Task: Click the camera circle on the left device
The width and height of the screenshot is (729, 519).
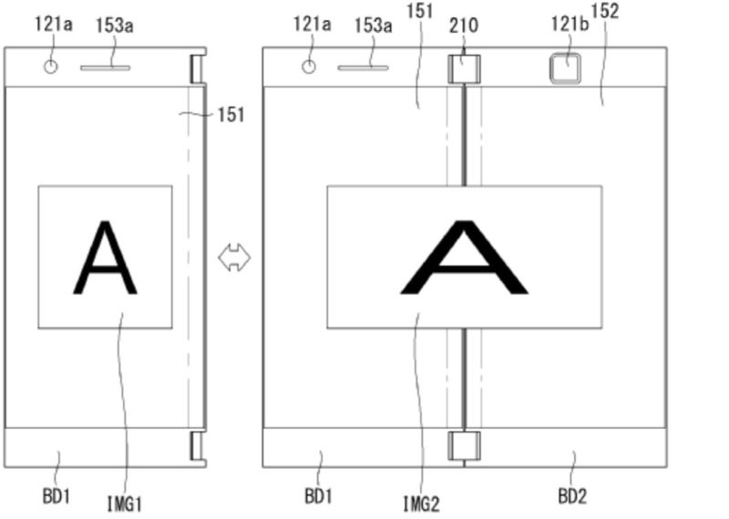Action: coord(51,67)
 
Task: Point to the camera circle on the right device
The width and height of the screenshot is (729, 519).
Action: coord(309,67)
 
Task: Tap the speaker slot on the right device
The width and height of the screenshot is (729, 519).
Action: coord(363,67)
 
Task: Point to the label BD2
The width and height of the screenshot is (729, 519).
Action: coord(572,497)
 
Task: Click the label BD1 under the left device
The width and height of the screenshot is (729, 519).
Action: coord(56,497)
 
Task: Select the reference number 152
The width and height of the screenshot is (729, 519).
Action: coord(604,12)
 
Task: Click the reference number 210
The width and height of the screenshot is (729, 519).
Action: coord(463,26)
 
